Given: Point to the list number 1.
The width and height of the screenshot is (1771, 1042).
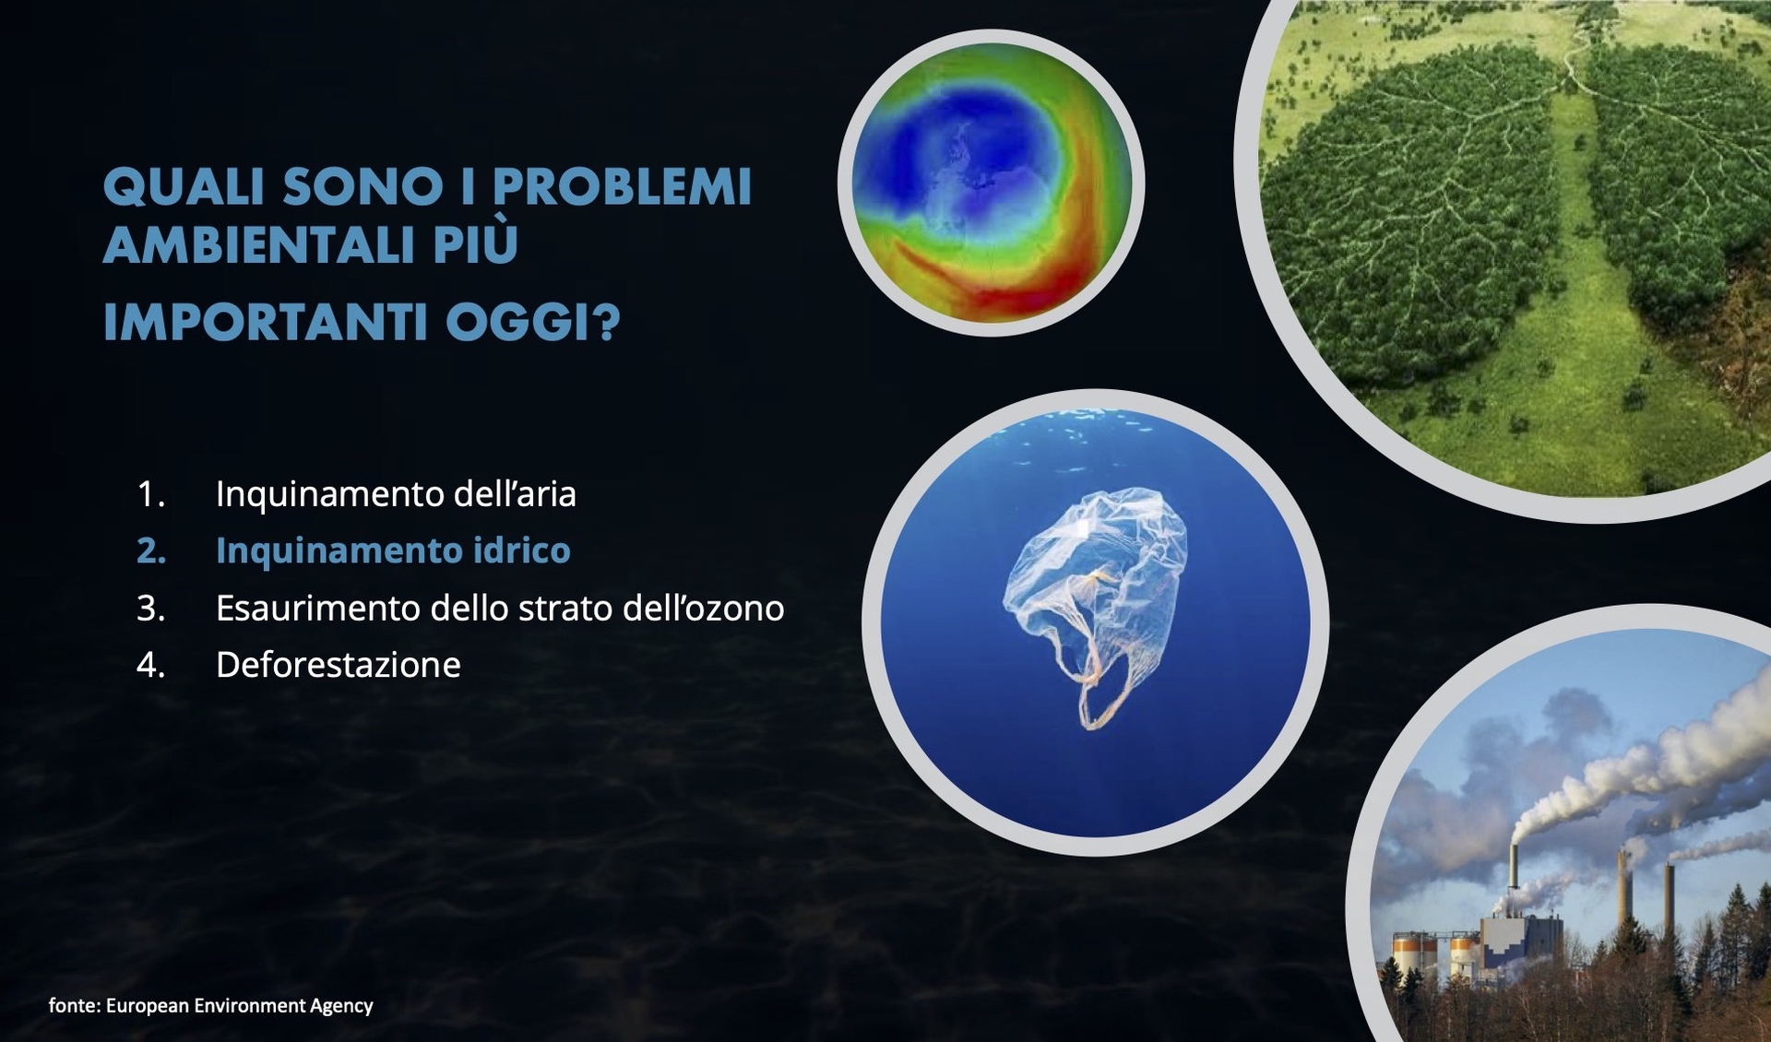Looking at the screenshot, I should pos(150,495).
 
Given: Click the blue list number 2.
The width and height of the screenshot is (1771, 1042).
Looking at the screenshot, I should pos(151,551).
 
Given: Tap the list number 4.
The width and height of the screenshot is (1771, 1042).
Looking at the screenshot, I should pos(150,665).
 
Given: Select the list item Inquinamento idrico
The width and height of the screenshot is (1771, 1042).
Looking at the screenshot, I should pos(393,551).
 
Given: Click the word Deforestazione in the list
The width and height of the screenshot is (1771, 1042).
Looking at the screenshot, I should pos(338,665).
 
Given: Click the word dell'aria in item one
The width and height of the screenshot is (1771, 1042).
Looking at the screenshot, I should pos(520,495).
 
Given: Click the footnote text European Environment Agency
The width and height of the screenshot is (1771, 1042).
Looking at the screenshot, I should pos(239,1006).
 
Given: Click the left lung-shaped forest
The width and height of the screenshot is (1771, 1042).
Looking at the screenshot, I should pos(1411,231).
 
